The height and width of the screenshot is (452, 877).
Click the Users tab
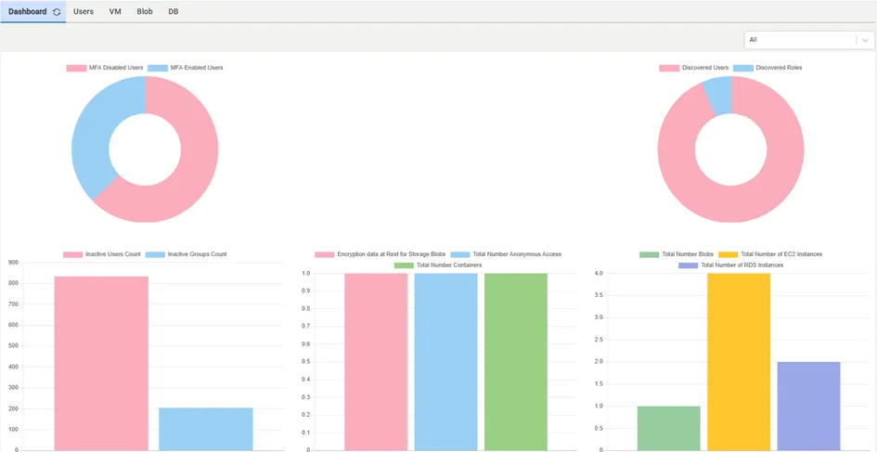click(x=84, y=11)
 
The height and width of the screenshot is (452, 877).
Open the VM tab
click(x=115, y=11)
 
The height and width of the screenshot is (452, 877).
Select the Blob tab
click(x=145, y=11)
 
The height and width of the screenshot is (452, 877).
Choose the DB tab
click(x=174, y=11)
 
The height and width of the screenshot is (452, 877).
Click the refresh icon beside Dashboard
click(x=57, y=12)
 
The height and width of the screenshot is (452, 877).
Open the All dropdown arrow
click(x=865, y=40)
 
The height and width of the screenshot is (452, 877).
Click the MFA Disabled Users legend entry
click(x=105, y=68)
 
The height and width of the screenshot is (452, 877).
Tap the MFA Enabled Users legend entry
click(x=186, y=68)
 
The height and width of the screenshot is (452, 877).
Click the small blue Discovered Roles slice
click(x=718, y=95)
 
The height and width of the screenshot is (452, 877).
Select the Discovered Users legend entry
click(x=693, y=68)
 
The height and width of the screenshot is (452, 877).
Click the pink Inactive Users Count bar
click(x=101, y=363)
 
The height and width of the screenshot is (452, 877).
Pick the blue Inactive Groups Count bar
click(x=206, y=429)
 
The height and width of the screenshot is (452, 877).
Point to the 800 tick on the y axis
click(x=12, y=284)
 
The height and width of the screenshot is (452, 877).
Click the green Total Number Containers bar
click(x=516, y=362)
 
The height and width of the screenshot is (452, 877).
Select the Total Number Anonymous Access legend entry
click(x=506, y=254)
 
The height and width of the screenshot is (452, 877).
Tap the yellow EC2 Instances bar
click(x=739, y=362)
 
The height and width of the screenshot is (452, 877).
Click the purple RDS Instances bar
click(x=808, y=407)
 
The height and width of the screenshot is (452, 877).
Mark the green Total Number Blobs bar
click(x=669, y=429)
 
